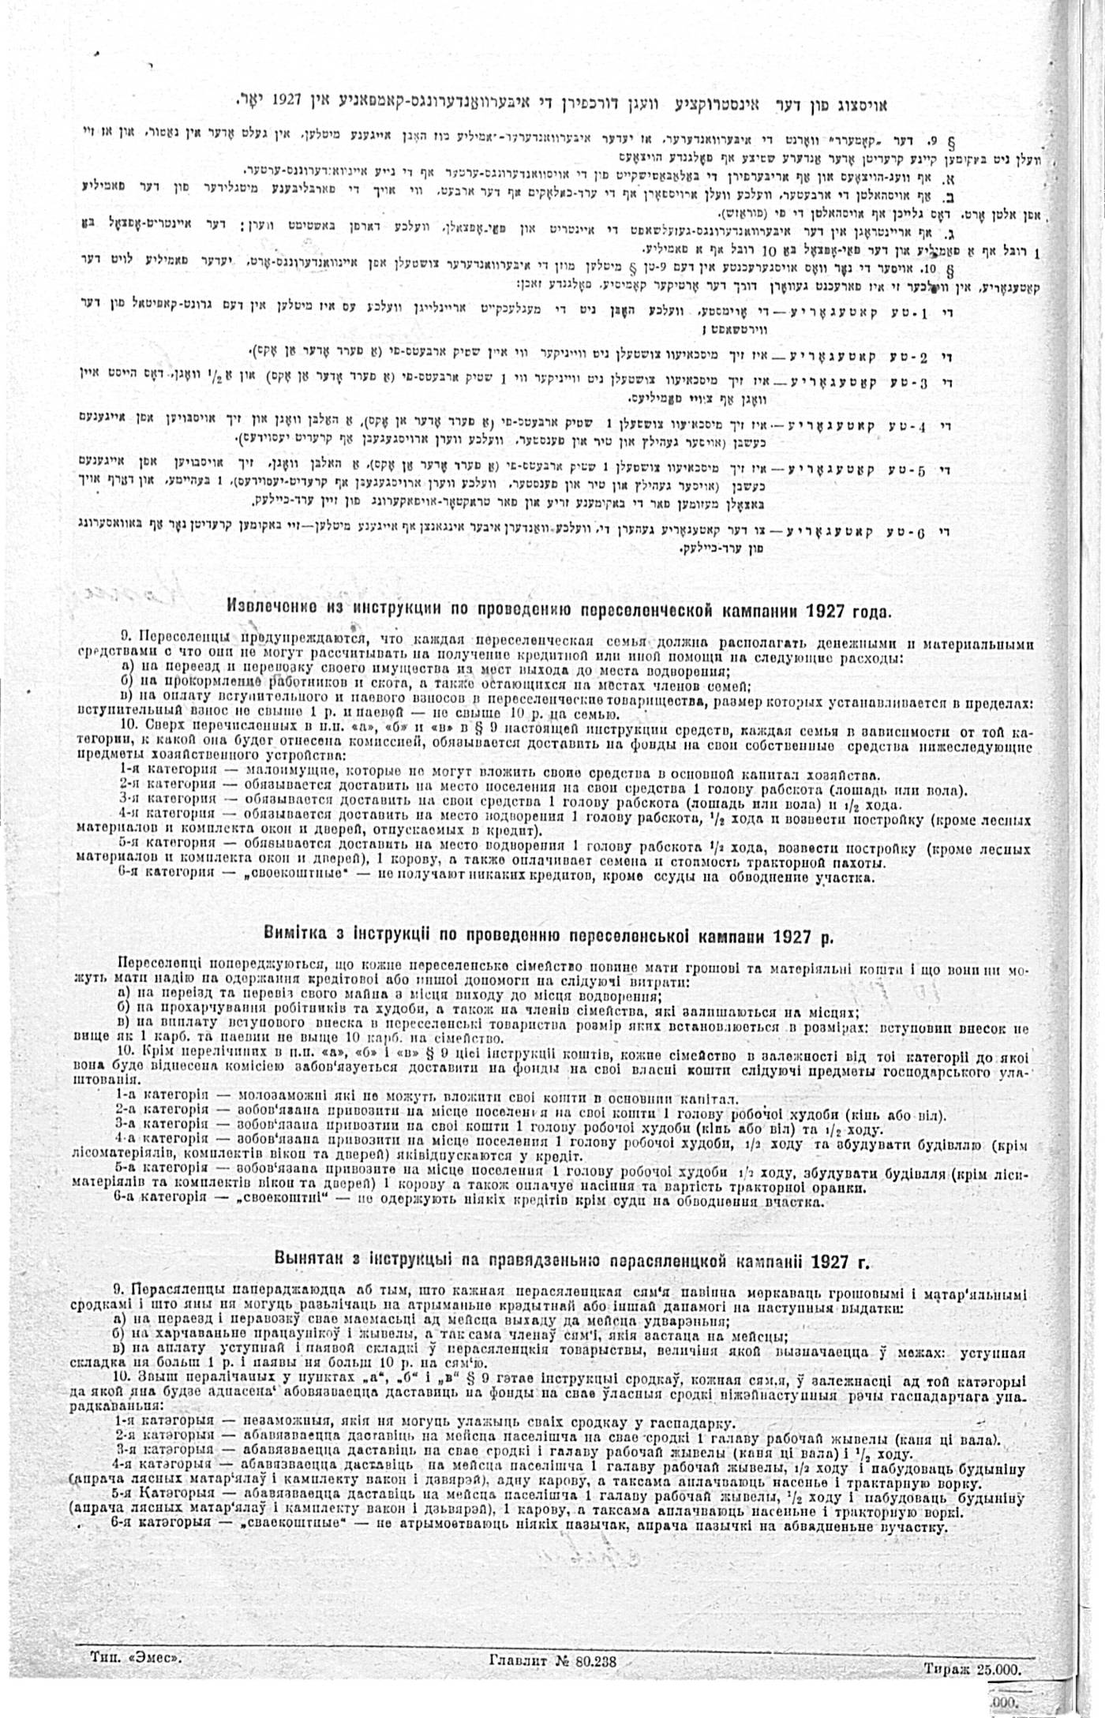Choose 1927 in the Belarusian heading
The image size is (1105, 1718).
pyautogui.click(x=829, y=1260)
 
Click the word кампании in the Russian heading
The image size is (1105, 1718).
pyautogui.click(x=755, y=611)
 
